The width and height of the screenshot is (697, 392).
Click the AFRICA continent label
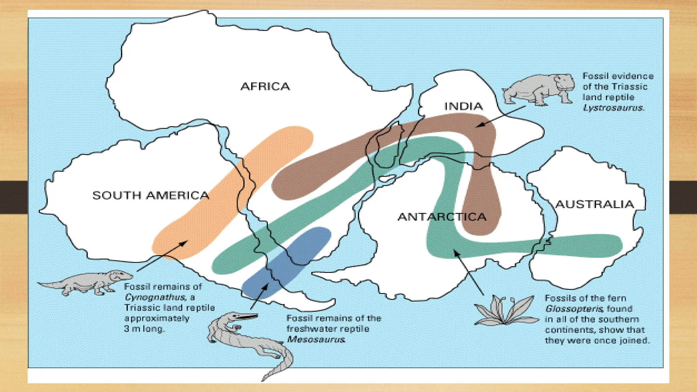265,86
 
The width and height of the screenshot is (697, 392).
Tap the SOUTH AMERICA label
150,195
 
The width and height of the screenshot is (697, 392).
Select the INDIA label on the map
463,106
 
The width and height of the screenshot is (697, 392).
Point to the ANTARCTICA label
442,217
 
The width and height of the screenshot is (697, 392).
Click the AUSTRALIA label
595,204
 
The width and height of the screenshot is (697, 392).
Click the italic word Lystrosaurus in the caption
613,108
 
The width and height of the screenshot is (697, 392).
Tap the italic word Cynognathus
155,297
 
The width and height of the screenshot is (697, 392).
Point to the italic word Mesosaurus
316,339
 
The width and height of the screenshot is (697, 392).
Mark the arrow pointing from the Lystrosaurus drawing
500,117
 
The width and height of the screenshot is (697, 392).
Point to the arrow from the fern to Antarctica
469,273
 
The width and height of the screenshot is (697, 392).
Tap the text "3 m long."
144,329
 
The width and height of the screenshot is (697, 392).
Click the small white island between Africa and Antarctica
387,178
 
